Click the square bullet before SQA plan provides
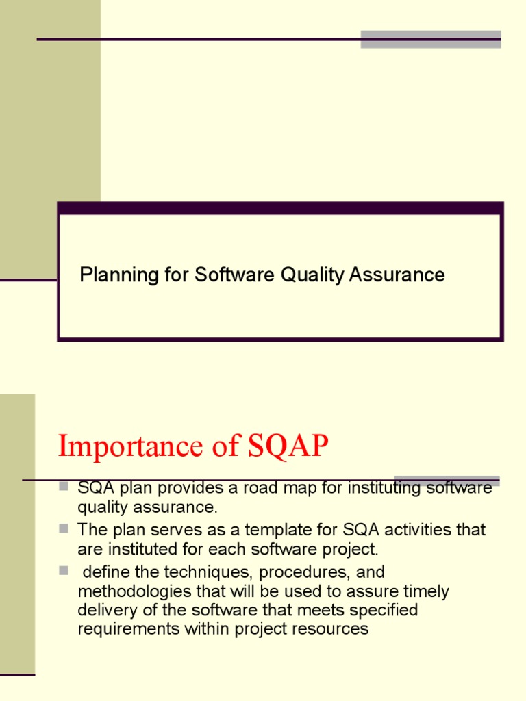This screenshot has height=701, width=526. click(64, 487)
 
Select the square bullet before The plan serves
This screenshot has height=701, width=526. click(64, 528)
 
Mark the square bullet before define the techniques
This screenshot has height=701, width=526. click(64, 570)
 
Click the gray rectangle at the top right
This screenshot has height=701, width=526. click(431, 39)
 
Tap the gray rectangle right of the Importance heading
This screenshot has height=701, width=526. click(447, 481)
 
